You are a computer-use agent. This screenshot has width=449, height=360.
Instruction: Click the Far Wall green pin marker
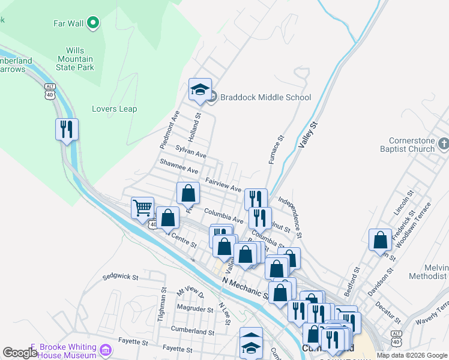point(92,23)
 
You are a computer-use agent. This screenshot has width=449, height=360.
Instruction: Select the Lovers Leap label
point(114,109)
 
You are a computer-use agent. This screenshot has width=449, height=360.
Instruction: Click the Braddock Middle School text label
point(265,97)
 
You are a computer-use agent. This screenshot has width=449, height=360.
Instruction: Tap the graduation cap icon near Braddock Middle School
point(200,90)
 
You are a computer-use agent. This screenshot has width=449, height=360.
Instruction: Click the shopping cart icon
point(143,208)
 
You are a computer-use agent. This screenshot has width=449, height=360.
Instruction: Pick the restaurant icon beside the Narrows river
point(67,129)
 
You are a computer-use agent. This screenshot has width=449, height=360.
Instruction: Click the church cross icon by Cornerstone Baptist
point(443,144)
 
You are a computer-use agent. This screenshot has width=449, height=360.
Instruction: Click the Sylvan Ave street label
point(191,151)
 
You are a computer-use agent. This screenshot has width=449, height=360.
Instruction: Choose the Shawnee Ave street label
point(178,166)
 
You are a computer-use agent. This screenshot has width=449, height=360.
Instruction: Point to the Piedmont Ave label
point(169,129)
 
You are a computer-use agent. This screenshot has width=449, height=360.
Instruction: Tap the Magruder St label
point(195,310)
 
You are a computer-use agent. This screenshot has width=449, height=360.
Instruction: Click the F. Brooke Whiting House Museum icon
point(106,349)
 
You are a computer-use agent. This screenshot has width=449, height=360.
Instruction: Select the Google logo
point(20,353)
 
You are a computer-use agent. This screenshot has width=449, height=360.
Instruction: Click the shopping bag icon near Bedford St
point(380,240)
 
